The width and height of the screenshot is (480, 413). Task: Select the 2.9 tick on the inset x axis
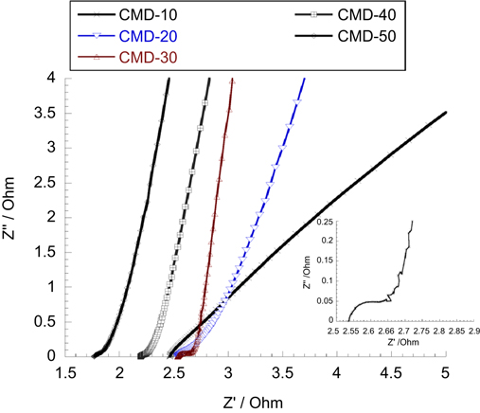(x=471, y=333)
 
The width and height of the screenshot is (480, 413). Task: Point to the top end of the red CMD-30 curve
(x=233, y=81)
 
